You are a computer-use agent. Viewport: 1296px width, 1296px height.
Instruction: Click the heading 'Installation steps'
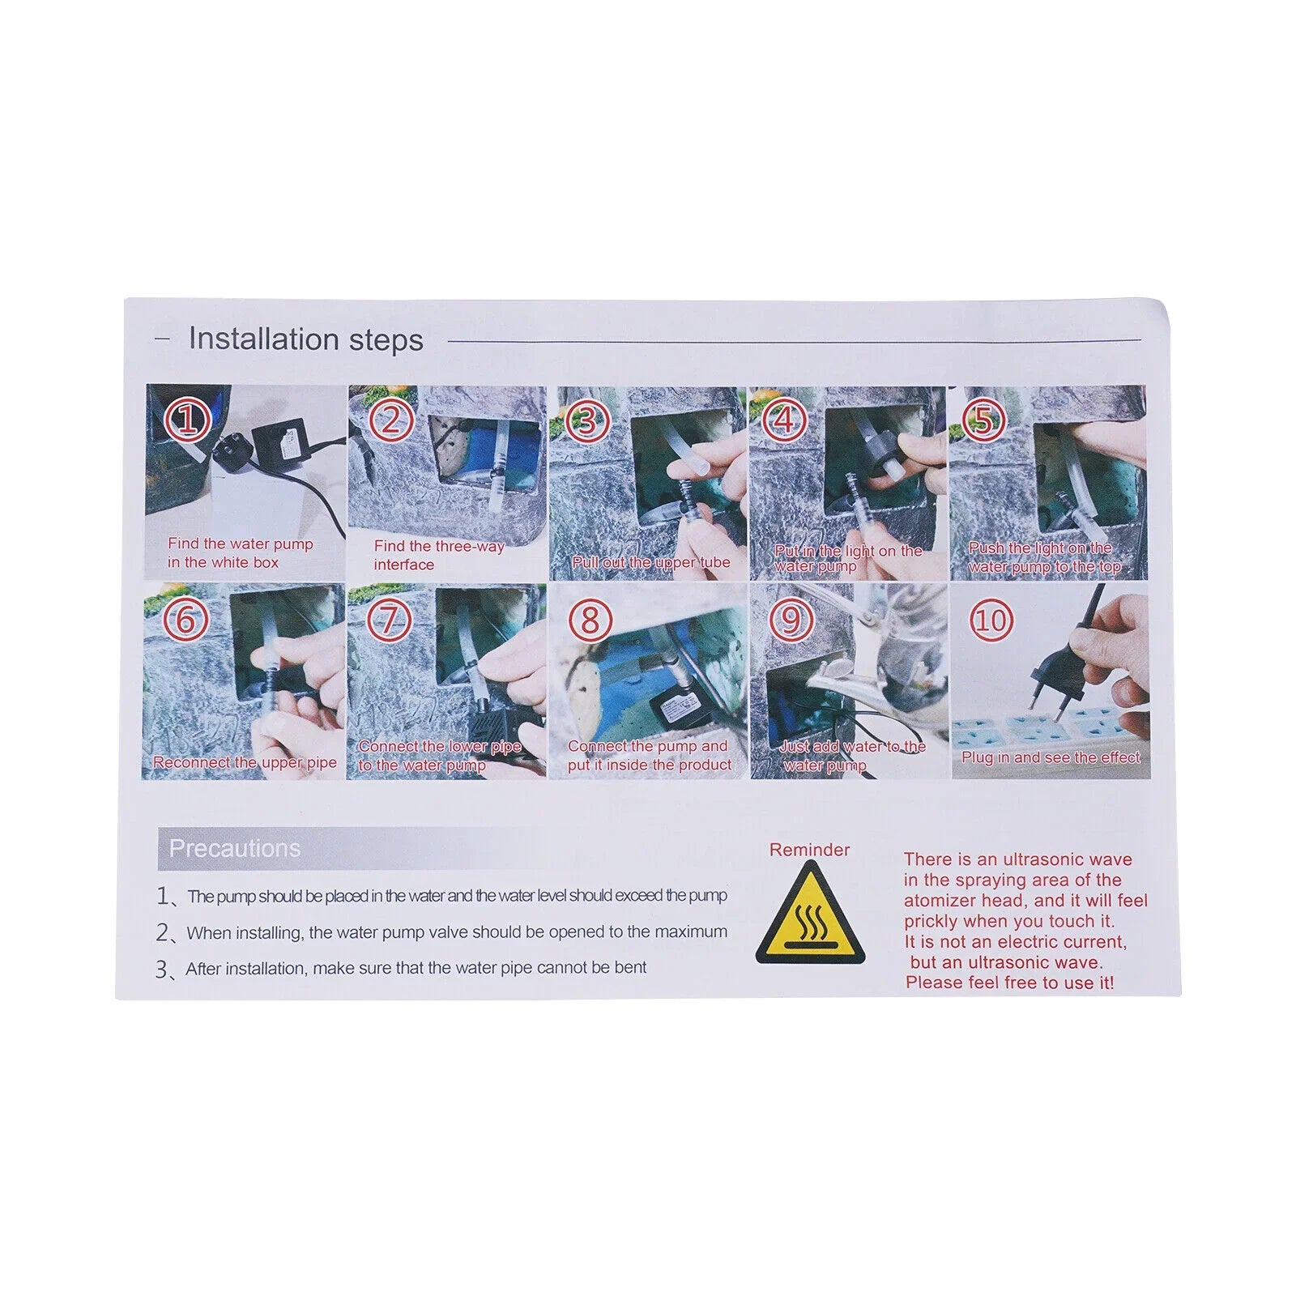tap(305, 339)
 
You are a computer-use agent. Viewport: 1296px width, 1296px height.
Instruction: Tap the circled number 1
tap(188, 420)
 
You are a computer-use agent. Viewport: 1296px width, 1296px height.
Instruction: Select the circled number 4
tap(784, 420)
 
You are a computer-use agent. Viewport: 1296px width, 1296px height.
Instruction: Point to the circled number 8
tap(590, 620)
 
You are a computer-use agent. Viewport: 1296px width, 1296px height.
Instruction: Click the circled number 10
tap(991, 621)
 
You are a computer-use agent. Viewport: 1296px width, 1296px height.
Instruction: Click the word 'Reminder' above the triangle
tap(809, 850)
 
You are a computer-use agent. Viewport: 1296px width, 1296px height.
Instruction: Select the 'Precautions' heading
tap(234, 848)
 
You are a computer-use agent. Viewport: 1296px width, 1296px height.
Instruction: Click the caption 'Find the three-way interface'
tap(439, 556)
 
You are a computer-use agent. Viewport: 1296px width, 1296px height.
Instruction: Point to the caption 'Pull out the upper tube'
tap(651, 562)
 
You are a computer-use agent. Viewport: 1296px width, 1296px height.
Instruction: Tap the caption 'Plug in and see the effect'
tap(1051, 757)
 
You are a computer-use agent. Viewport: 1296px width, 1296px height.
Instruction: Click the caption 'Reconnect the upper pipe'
tap(245, 762)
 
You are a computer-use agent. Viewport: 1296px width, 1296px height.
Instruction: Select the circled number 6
tap(186, 620)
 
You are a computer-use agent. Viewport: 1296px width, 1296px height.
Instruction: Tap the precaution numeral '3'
tap(162, 969)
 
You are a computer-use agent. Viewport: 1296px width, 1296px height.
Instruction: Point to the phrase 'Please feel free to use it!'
tap(1009, 983)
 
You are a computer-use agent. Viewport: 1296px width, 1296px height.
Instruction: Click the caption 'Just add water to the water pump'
tap(852, 756)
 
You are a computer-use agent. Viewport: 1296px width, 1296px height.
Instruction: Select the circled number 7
tap(389, 620)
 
